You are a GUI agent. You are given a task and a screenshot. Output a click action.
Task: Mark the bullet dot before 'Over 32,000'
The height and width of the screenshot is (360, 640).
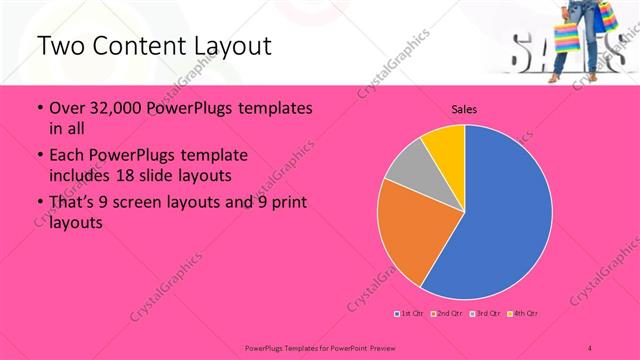click(38, 109)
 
